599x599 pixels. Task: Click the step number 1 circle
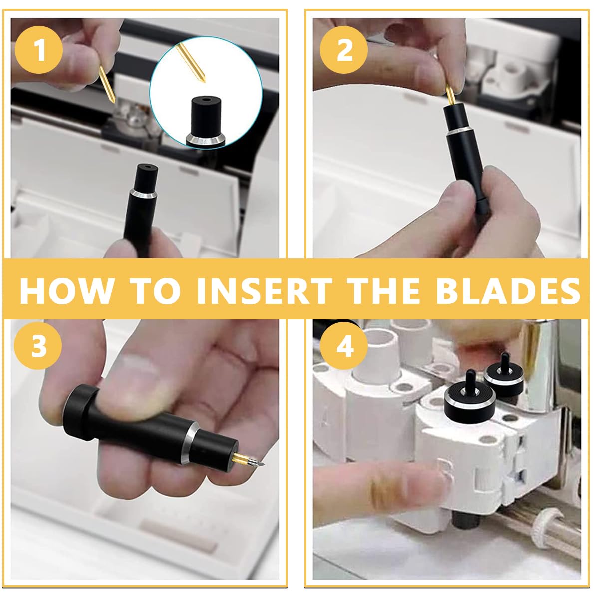point(39,50)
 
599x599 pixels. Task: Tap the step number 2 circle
point(344,50)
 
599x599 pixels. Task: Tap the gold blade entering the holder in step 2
point(450,94)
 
